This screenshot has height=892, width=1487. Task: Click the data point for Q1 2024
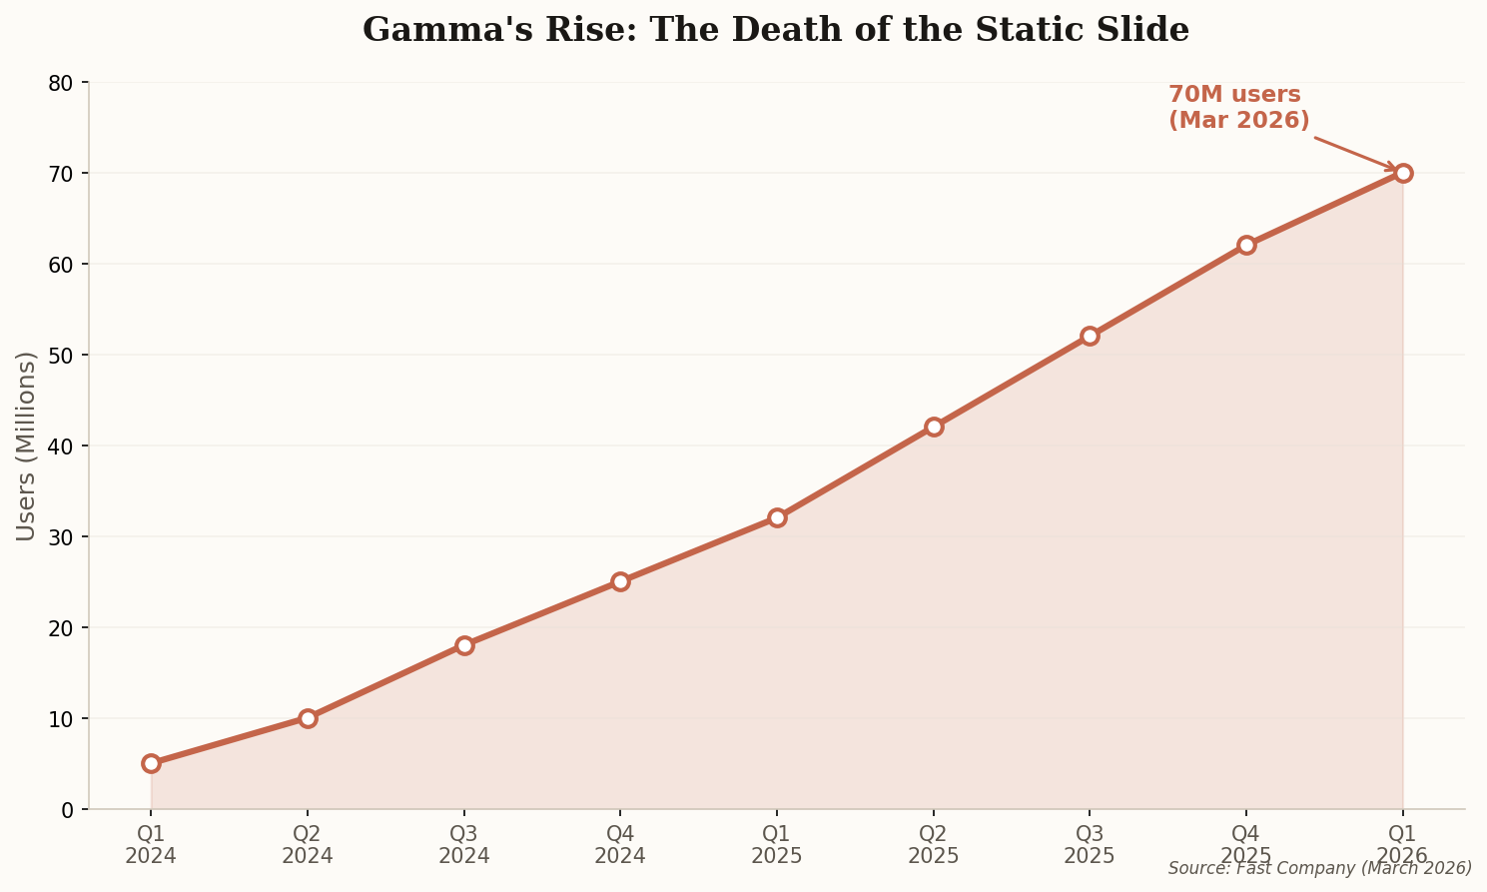(151, 763)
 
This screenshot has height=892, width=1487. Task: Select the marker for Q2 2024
(308, 718)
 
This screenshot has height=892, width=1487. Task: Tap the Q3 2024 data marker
(464, 645)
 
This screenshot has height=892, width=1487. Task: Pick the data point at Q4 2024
(620, 581)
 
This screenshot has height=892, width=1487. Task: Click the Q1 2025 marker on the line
(777, 517)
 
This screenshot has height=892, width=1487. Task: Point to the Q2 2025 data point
(934, 427)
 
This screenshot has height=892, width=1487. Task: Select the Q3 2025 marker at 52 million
(1090, 336)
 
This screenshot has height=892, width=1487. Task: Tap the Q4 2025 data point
(1246, 245)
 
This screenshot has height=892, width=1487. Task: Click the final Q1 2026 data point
(1403, 173)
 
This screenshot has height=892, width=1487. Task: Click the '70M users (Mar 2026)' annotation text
(1238, 108)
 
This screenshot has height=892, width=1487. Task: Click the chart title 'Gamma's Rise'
(775, 30)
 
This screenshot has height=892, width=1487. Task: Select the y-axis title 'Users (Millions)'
(26, 446)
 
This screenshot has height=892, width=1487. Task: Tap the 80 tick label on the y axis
(61, 83)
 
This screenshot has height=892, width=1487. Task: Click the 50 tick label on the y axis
(61, 356)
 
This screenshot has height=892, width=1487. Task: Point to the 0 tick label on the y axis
(67, 810)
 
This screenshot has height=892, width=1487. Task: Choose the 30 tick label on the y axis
(61, 537)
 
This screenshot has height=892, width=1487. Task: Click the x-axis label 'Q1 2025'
(777, 844)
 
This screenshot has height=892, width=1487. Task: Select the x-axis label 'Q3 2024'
(464, 844)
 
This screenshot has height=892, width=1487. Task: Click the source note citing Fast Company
(1319, 868)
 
